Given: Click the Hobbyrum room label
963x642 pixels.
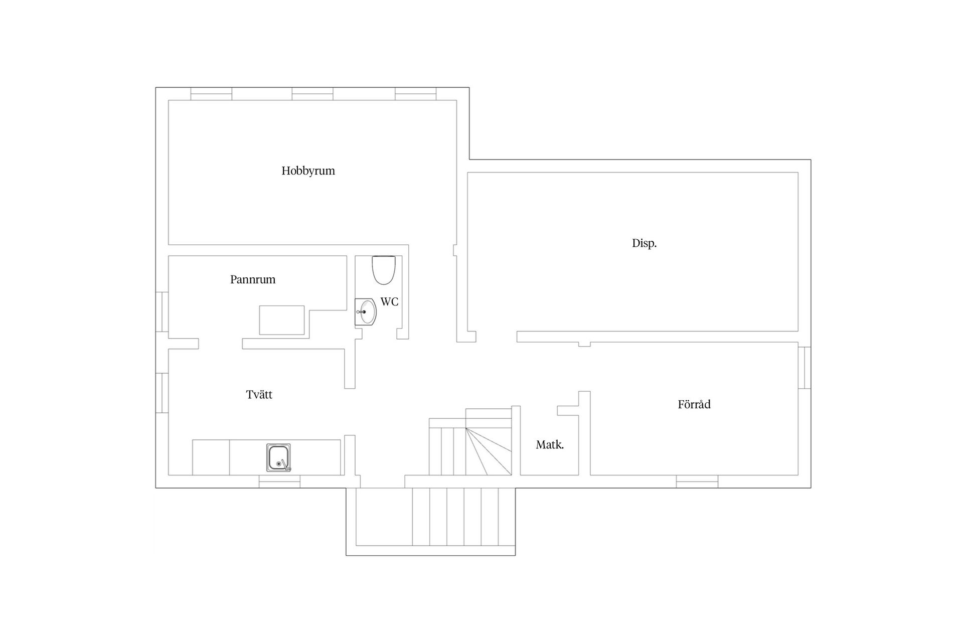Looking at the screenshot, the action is coord(308,171).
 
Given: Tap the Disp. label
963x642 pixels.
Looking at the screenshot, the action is coord(644,244).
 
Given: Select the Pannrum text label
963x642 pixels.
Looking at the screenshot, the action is coord(253,279).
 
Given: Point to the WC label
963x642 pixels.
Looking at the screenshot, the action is coord(389,302).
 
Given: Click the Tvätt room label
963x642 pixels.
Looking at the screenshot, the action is coord(259,395).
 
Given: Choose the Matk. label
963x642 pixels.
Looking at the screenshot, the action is coord(550,444).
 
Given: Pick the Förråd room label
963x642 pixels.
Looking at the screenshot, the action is coord(694,404).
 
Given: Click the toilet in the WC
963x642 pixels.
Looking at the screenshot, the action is coord(384,270).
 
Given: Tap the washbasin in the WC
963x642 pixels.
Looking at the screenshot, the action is coord(366,312).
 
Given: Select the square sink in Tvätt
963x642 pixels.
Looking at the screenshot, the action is coord(278,457).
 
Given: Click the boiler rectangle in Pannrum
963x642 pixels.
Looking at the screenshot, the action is coord(282,320).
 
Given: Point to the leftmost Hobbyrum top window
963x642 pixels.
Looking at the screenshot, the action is coord(211,94).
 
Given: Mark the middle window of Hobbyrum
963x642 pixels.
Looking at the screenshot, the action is coord(312,94).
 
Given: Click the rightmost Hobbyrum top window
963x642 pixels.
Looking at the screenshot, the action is coord(415,94).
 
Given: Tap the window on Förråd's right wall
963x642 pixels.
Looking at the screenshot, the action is coord(805,368).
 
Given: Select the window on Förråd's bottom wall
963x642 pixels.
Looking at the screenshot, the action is coord(697,481).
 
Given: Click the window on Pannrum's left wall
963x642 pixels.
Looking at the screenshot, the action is coord(162,311).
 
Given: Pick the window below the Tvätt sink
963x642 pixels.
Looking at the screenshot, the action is coord(279,481).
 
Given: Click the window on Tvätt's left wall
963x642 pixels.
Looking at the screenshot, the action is coord(162,393).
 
